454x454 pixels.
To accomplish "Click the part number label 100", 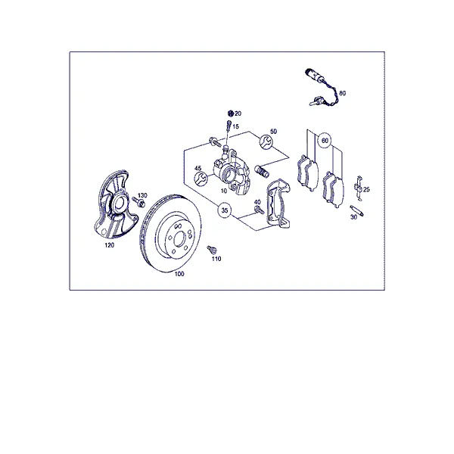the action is [x=179, y=274].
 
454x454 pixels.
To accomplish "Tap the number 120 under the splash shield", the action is [x=110, y=245].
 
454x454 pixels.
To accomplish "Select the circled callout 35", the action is [x=225, y=210].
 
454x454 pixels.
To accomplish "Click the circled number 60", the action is [x=325, y=141].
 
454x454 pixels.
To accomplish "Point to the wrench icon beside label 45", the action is [x=201, y=179].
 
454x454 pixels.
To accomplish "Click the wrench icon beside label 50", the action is [x=266, y=142].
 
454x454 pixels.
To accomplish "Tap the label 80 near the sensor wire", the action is [x=342, y=93].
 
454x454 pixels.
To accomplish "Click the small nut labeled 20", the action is [x=231, y=113].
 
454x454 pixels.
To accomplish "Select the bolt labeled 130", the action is [x=138, y=202].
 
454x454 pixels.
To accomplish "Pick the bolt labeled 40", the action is [x=259, y=210].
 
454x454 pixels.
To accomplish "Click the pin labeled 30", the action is [x=357, y=210].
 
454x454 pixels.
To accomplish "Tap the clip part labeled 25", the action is [x=359, y=188].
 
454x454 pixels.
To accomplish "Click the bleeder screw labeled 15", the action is [x=229, y=125].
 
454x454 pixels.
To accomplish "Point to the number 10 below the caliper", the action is [x=224, y=191].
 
